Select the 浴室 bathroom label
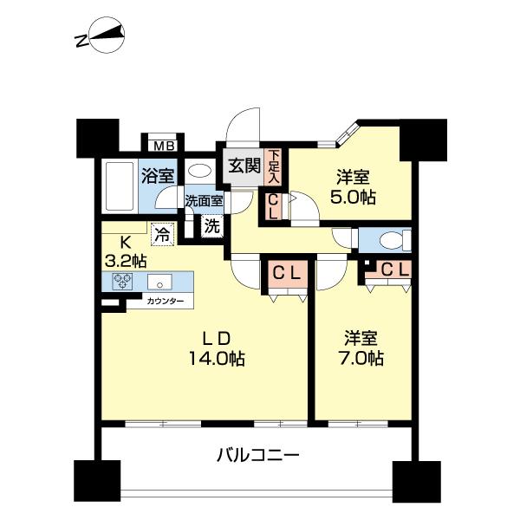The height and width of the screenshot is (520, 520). [159, 174]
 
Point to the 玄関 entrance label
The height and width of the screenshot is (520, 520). [244, 166]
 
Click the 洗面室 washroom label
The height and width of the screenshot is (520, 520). [203, 200]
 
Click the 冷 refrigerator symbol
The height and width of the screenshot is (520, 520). [162, 232]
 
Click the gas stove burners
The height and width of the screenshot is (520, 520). [121, 282]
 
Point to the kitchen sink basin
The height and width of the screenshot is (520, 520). [159, 282]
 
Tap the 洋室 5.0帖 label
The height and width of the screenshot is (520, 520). [354, 187]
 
